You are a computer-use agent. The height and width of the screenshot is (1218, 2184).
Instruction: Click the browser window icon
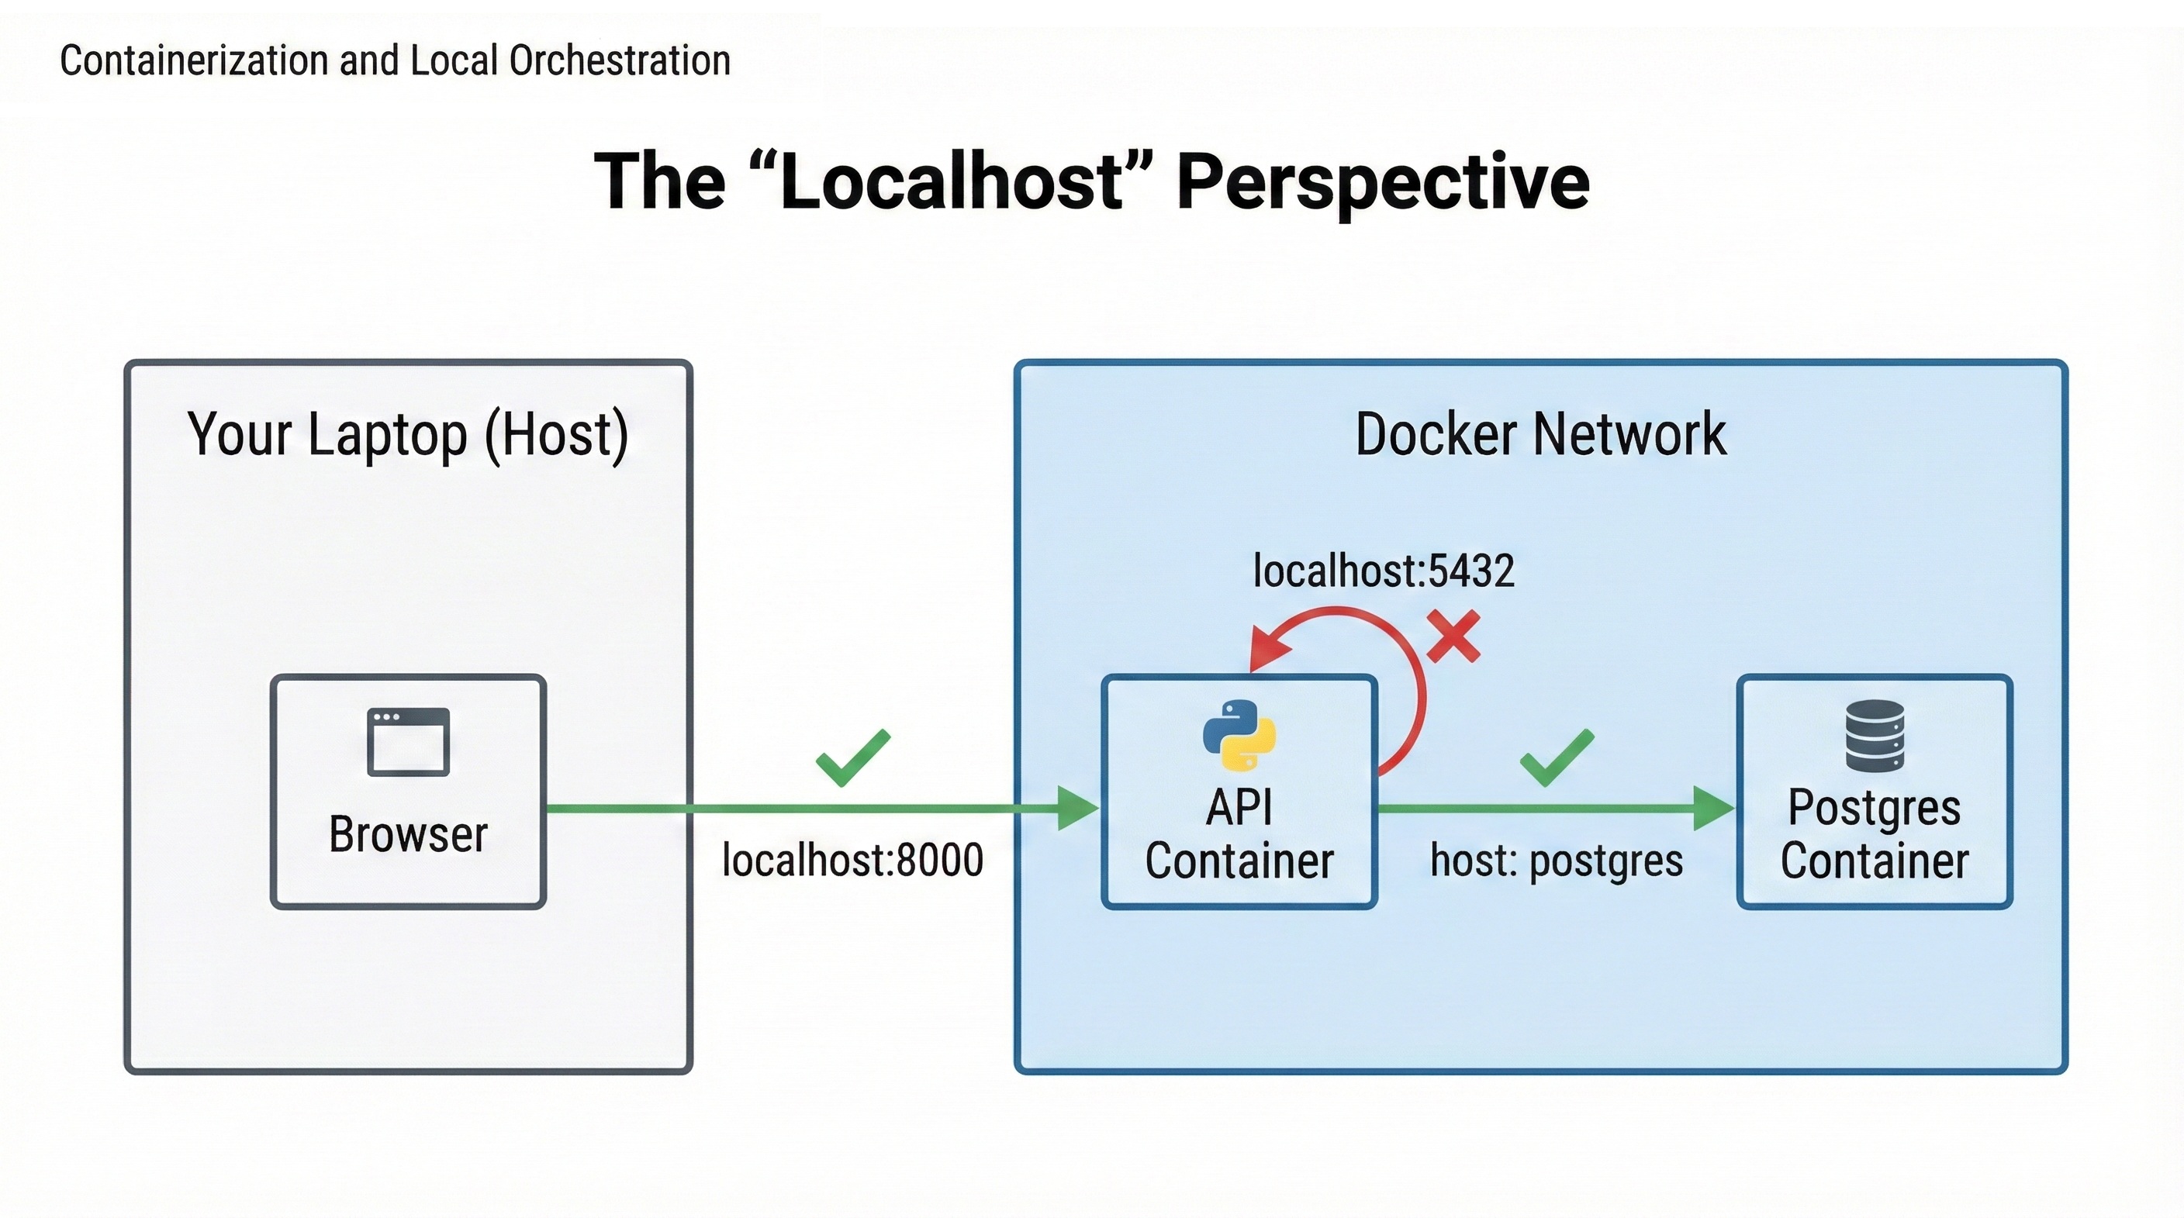click(x=408, y=742)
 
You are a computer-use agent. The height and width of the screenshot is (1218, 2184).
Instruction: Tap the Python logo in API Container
click(x=1239, y=735)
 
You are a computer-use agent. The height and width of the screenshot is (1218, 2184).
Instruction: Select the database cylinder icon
click(x=1874, y=735)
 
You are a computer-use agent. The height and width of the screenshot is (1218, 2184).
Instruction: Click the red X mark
click(x=1453, y=636)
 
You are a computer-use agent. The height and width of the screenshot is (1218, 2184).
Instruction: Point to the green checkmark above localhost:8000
click(x=852, y=757)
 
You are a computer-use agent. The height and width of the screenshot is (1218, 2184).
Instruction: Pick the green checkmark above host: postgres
click(x=1557, y=757)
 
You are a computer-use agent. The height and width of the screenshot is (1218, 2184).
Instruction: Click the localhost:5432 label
click(x=1383, y=571)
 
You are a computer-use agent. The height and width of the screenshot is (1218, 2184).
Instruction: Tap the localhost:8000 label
click(x=852, y=860)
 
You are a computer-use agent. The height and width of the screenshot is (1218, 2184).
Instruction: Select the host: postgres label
click(x=1557, y=861)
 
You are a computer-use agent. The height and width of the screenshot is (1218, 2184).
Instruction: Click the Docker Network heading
click(x=1540, y=434)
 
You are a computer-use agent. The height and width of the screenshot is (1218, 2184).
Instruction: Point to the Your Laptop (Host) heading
click(x=408, y=434)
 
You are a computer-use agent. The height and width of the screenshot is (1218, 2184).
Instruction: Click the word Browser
click(x=408, y=834)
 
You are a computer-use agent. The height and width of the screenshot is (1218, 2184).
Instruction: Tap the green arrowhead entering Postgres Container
click(x=1712, y=808)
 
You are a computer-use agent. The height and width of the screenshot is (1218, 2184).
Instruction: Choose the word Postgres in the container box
click(x=1874, y=807)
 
